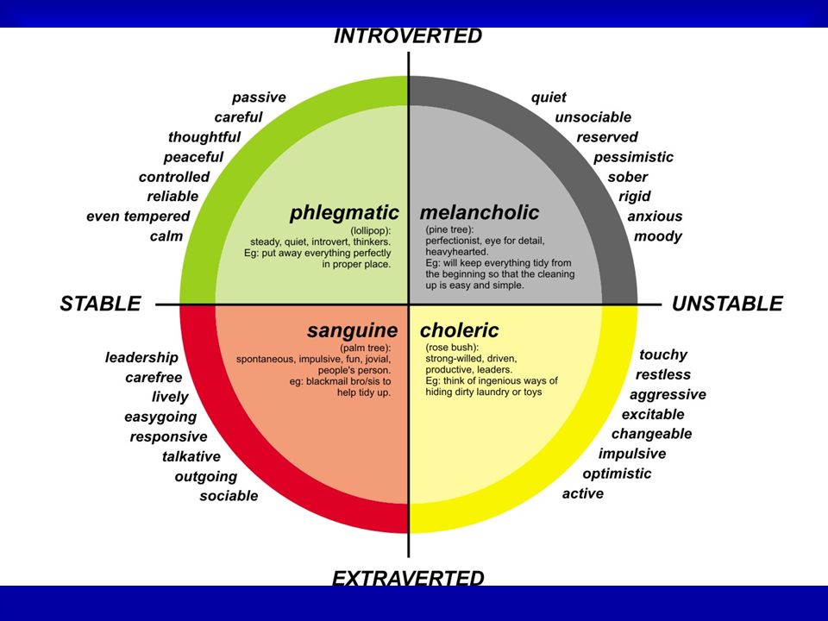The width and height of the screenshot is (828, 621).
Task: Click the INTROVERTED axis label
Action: point(408,36)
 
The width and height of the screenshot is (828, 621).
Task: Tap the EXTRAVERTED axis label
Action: point(408,578)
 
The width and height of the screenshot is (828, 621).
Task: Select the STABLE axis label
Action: point(100,304)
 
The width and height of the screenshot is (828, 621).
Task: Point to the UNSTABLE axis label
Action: point(727,304)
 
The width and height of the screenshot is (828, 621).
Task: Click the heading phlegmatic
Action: point(344,212)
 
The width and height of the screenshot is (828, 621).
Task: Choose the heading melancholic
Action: point(480,212)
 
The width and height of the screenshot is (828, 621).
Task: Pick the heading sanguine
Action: point(352,330)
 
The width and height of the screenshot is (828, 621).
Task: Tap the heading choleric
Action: point(459,330)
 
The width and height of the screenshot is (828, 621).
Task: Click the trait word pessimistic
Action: point(633,157)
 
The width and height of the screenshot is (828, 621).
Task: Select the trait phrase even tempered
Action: point(138,216)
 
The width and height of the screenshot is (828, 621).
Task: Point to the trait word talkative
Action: point(191,456)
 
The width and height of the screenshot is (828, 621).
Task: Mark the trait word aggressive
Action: point(668,395)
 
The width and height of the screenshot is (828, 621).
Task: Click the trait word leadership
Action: point(141,357)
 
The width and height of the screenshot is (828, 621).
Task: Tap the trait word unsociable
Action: point(593,117)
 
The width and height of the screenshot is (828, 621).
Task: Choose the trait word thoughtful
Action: point(204,137)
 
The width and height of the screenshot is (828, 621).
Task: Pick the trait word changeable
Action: point(652,434)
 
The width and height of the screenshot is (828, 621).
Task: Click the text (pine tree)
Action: point(449,229)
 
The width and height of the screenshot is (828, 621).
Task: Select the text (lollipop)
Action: point(371,231)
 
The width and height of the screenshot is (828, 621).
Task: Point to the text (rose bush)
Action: point(451,348)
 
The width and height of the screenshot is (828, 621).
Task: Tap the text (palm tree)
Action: point(366,348)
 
